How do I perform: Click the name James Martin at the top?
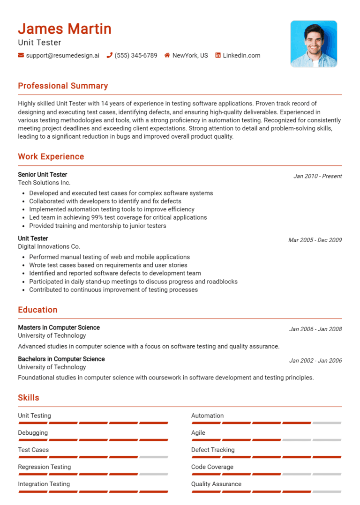65,29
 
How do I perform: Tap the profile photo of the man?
314,44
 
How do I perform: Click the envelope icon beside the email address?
21,55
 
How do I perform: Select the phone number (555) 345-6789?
135,55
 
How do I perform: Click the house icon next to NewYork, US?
167,55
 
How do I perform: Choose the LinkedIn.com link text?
241,55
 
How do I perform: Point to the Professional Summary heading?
63,86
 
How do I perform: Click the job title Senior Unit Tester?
43,175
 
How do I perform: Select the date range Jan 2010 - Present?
317,176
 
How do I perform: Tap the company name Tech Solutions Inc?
44,183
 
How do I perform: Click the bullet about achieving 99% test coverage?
118,217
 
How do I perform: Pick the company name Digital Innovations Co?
49,246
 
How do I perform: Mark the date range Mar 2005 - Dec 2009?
315,240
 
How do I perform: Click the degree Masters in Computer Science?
59,327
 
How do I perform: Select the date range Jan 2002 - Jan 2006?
315,361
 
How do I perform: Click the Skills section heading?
29,398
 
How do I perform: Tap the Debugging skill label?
33,433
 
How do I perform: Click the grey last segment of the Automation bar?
327,423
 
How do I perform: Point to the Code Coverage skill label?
212,467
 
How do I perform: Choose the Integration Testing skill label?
44,484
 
